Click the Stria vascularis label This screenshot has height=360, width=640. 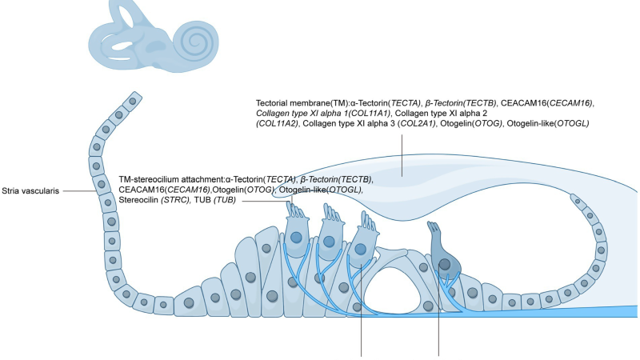[30, 191]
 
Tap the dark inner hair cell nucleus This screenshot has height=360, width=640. [445, 265]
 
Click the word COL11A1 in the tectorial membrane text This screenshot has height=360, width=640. [370, 113]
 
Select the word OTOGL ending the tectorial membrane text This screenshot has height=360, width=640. [573, 123]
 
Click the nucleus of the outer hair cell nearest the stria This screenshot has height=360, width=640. [296, 238]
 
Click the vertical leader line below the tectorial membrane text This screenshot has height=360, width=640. [402, 155]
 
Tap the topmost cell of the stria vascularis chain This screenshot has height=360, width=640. [132, 102]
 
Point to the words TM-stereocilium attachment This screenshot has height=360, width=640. [171, 179]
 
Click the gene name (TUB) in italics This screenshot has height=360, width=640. [225, 200]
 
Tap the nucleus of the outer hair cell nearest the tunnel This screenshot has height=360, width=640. [360, 249]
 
